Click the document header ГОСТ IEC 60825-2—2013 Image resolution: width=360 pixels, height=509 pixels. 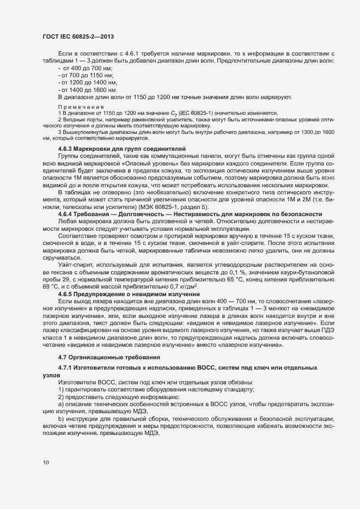point(77,36)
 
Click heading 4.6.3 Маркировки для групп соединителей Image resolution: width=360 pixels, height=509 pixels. point(122,149)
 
